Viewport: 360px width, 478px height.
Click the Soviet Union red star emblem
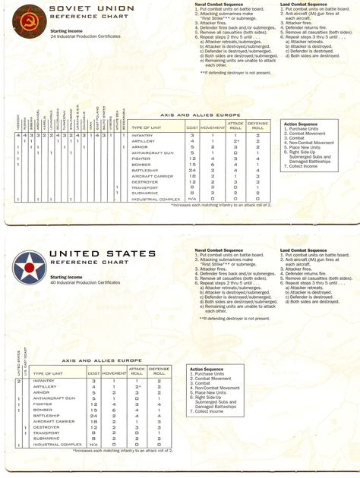(x=25, y=19)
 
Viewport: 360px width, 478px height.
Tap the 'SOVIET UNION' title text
(x=81, y=8)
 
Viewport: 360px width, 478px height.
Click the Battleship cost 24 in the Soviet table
(x=192, y=170)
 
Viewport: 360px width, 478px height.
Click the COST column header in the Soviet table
(x=192, y=127)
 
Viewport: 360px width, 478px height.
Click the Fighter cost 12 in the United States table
(x=93, y=404)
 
